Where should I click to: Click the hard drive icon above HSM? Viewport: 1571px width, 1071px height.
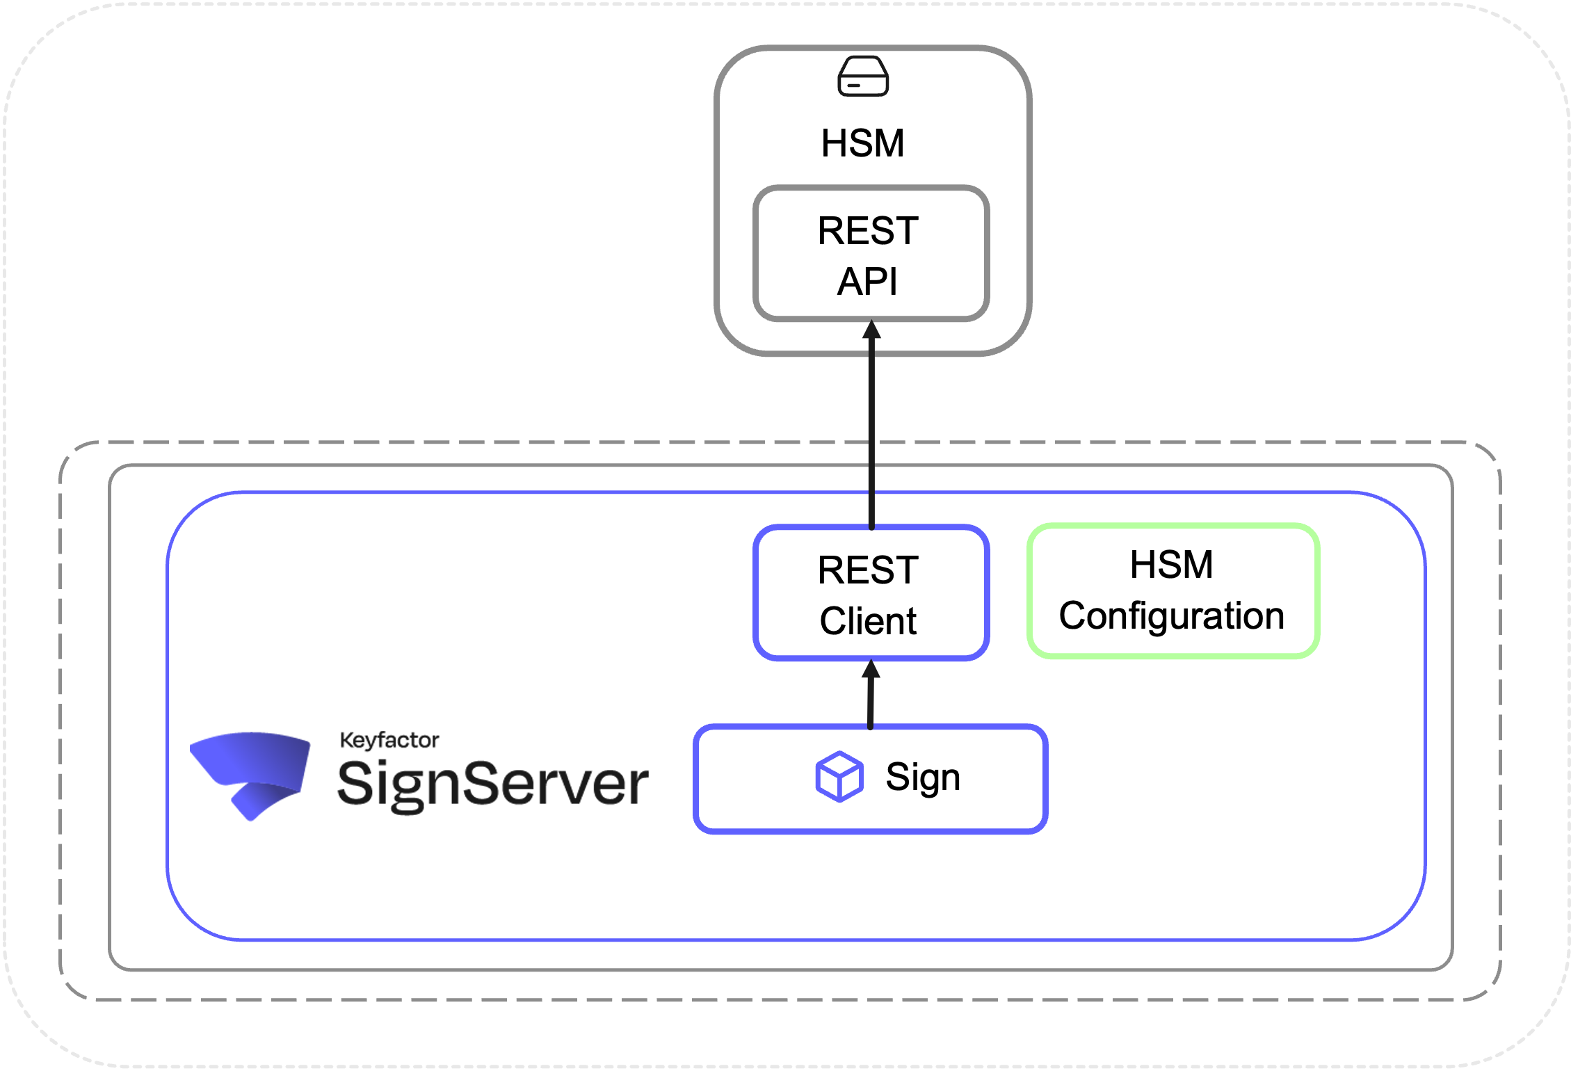coord(863,76)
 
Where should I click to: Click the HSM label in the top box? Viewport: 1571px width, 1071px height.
coord(862,143)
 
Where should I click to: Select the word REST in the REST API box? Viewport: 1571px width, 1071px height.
coord(868,231)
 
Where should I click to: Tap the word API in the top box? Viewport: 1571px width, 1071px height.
coord(867,282)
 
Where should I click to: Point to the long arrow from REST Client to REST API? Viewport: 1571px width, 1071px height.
coord(871,431)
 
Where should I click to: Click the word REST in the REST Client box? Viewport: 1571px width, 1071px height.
coord(868,570)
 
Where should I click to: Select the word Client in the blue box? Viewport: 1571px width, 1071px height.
coord(868,621)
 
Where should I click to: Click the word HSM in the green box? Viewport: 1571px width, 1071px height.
coord(1171,564)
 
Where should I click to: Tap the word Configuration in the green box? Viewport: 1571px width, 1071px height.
coord(1171,615)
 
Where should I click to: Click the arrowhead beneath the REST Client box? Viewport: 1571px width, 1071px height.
coord(871,669)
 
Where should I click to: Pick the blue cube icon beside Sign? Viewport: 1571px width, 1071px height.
coord(839,776)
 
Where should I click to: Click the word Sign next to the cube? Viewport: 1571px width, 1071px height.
coord(923,777)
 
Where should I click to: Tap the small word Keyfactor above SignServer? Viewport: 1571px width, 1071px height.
coord(389,740)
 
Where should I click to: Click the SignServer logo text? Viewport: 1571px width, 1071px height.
coord(492,784)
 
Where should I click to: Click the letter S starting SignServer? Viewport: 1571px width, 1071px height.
coord(355,782)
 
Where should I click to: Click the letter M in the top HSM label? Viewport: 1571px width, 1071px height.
coord(887,143)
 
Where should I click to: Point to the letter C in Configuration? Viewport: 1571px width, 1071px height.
coord(1074,615)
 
